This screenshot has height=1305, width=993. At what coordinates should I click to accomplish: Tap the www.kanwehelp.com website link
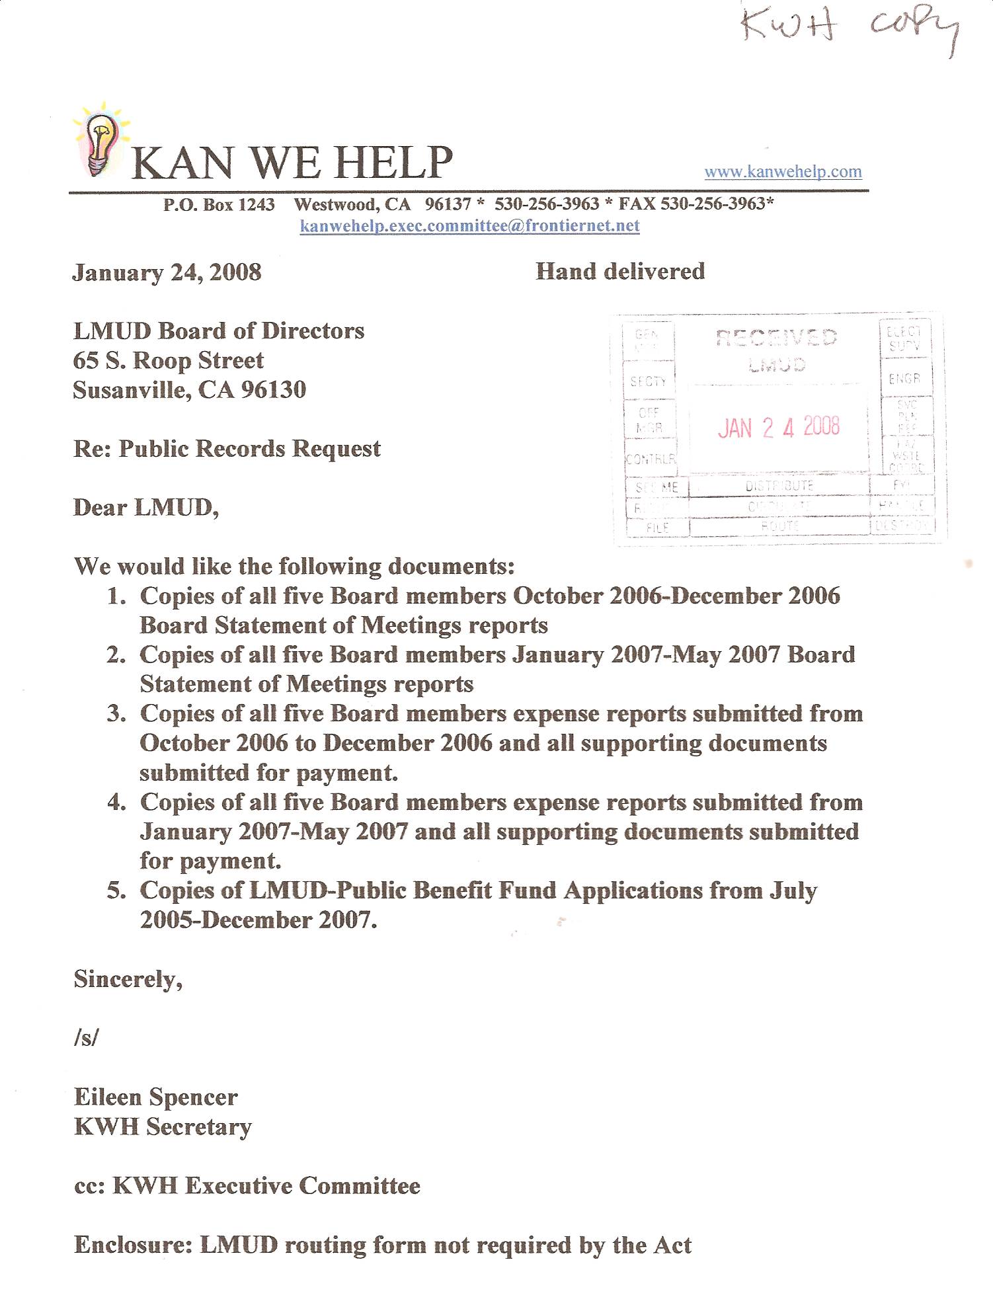tap(783, 172)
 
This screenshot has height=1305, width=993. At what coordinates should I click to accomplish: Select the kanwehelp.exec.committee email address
tap(469, 226)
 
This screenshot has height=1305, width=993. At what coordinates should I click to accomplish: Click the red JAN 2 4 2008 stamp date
tap(778, 428)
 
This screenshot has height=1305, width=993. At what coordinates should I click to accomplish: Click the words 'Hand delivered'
tap(620, 271)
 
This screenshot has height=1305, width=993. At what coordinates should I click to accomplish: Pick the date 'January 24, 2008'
tap(167, 272)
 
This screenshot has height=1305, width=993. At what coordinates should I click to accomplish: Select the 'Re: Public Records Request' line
tap(227, 449)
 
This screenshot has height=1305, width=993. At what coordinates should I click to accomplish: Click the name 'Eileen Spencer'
tap(155, 1097)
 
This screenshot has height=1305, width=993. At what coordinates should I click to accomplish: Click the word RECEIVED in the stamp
tap(777, 338)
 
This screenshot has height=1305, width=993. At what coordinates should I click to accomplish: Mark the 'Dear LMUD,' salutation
tap(145, 508)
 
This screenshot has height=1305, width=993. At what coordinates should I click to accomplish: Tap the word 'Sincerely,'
tap(128, 979)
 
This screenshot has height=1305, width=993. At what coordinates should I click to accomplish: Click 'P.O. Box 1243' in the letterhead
tap(219, 204)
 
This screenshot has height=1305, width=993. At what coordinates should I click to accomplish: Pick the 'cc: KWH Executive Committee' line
tap(247, 1186)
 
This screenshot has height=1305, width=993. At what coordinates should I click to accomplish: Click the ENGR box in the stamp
tap(904, 379)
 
